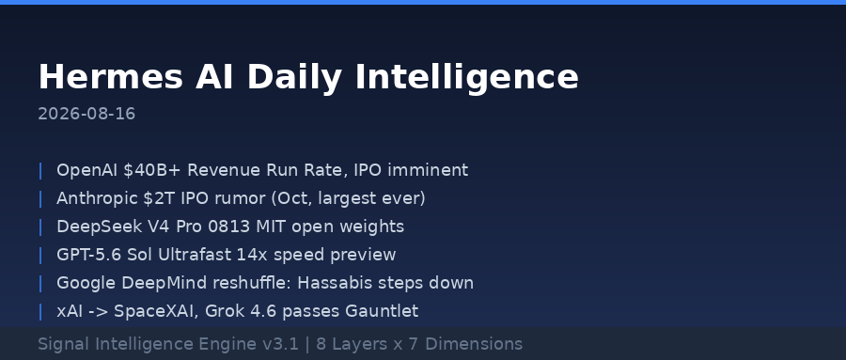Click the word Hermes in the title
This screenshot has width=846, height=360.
[x=111, y=77]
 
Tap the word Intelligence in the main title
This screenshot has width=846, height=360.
[x=466, y=78]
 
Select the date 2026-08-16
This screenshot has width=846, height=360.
[x=86, y=114]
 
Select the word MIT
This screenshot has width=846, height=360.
[x=272, y=227]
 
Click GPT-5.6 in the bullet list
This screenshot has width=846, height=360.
[x=89, y=255]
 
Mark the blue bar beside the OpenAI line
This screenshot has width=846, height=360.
[x=40, y=170]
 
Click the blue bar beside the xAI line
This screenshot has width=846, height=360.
[x=40, y=311]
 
